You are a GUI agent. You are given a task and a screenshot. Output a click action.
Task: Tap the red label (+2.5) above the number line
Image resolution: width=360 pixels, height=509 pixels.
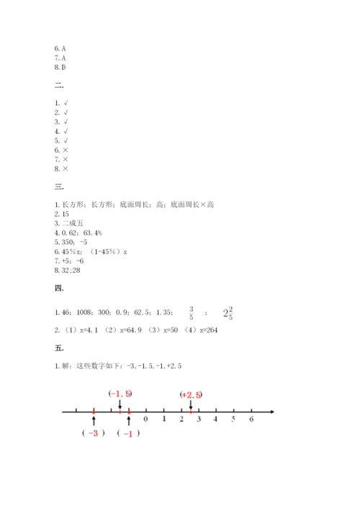tap(192, 395)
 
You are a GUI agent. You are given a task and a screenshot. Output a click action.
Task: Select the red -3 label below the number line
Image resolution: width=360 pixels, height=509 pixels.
tap(94, 433)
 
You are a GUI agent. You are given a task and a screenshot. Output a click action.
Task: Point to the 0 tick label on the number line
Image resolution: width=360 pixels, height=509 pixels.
tap(146, 419)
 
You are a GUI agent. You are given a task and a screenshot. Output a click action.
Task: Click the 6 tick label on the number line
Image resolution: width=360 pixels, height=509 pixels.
tap(251, 419)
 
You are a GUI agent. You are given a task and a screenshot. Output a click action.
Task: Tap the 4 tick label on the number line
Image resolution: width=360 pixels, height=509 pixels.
tap(216, 419)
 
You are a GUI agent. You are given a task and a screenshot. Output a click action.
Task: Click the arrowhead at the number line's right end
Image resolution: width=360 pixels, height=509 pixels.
tap(271, 412)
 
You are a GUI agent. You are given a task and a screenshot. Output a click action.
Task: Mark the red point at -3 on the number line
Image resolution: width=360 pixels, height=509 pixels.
tap(94, 412)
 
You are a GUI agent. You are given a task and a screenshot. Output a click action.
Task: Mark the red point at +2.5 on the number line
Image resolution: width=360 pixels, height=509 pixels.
tap(190, 412)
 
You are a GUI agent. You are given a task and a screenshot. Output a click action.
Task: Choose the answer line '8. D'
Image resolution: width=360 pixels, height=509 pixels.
tap(60, 67)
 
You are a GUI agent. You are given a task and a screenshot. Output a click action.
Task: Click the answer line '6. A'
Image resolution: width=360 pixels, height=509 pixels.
tap(60, 48)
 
